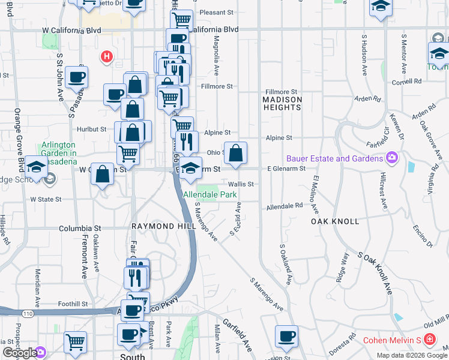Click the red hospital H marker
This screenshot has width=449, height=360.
107,57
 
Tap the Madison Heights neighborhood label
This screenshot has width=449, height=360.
282,103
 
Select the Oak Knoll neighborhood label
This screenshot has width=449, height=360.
335,221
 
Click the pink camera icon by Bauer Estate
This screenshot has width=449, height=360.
392,158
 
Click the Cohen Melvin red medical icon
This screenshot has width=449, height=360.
429,340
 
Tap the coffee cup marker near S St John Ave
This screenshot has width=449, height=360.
77,76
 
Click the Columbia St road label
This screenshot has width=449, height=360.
80,229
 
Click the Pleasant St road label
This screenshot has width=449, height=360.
216,12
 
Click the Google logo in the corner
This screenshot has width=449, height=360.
19,353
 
